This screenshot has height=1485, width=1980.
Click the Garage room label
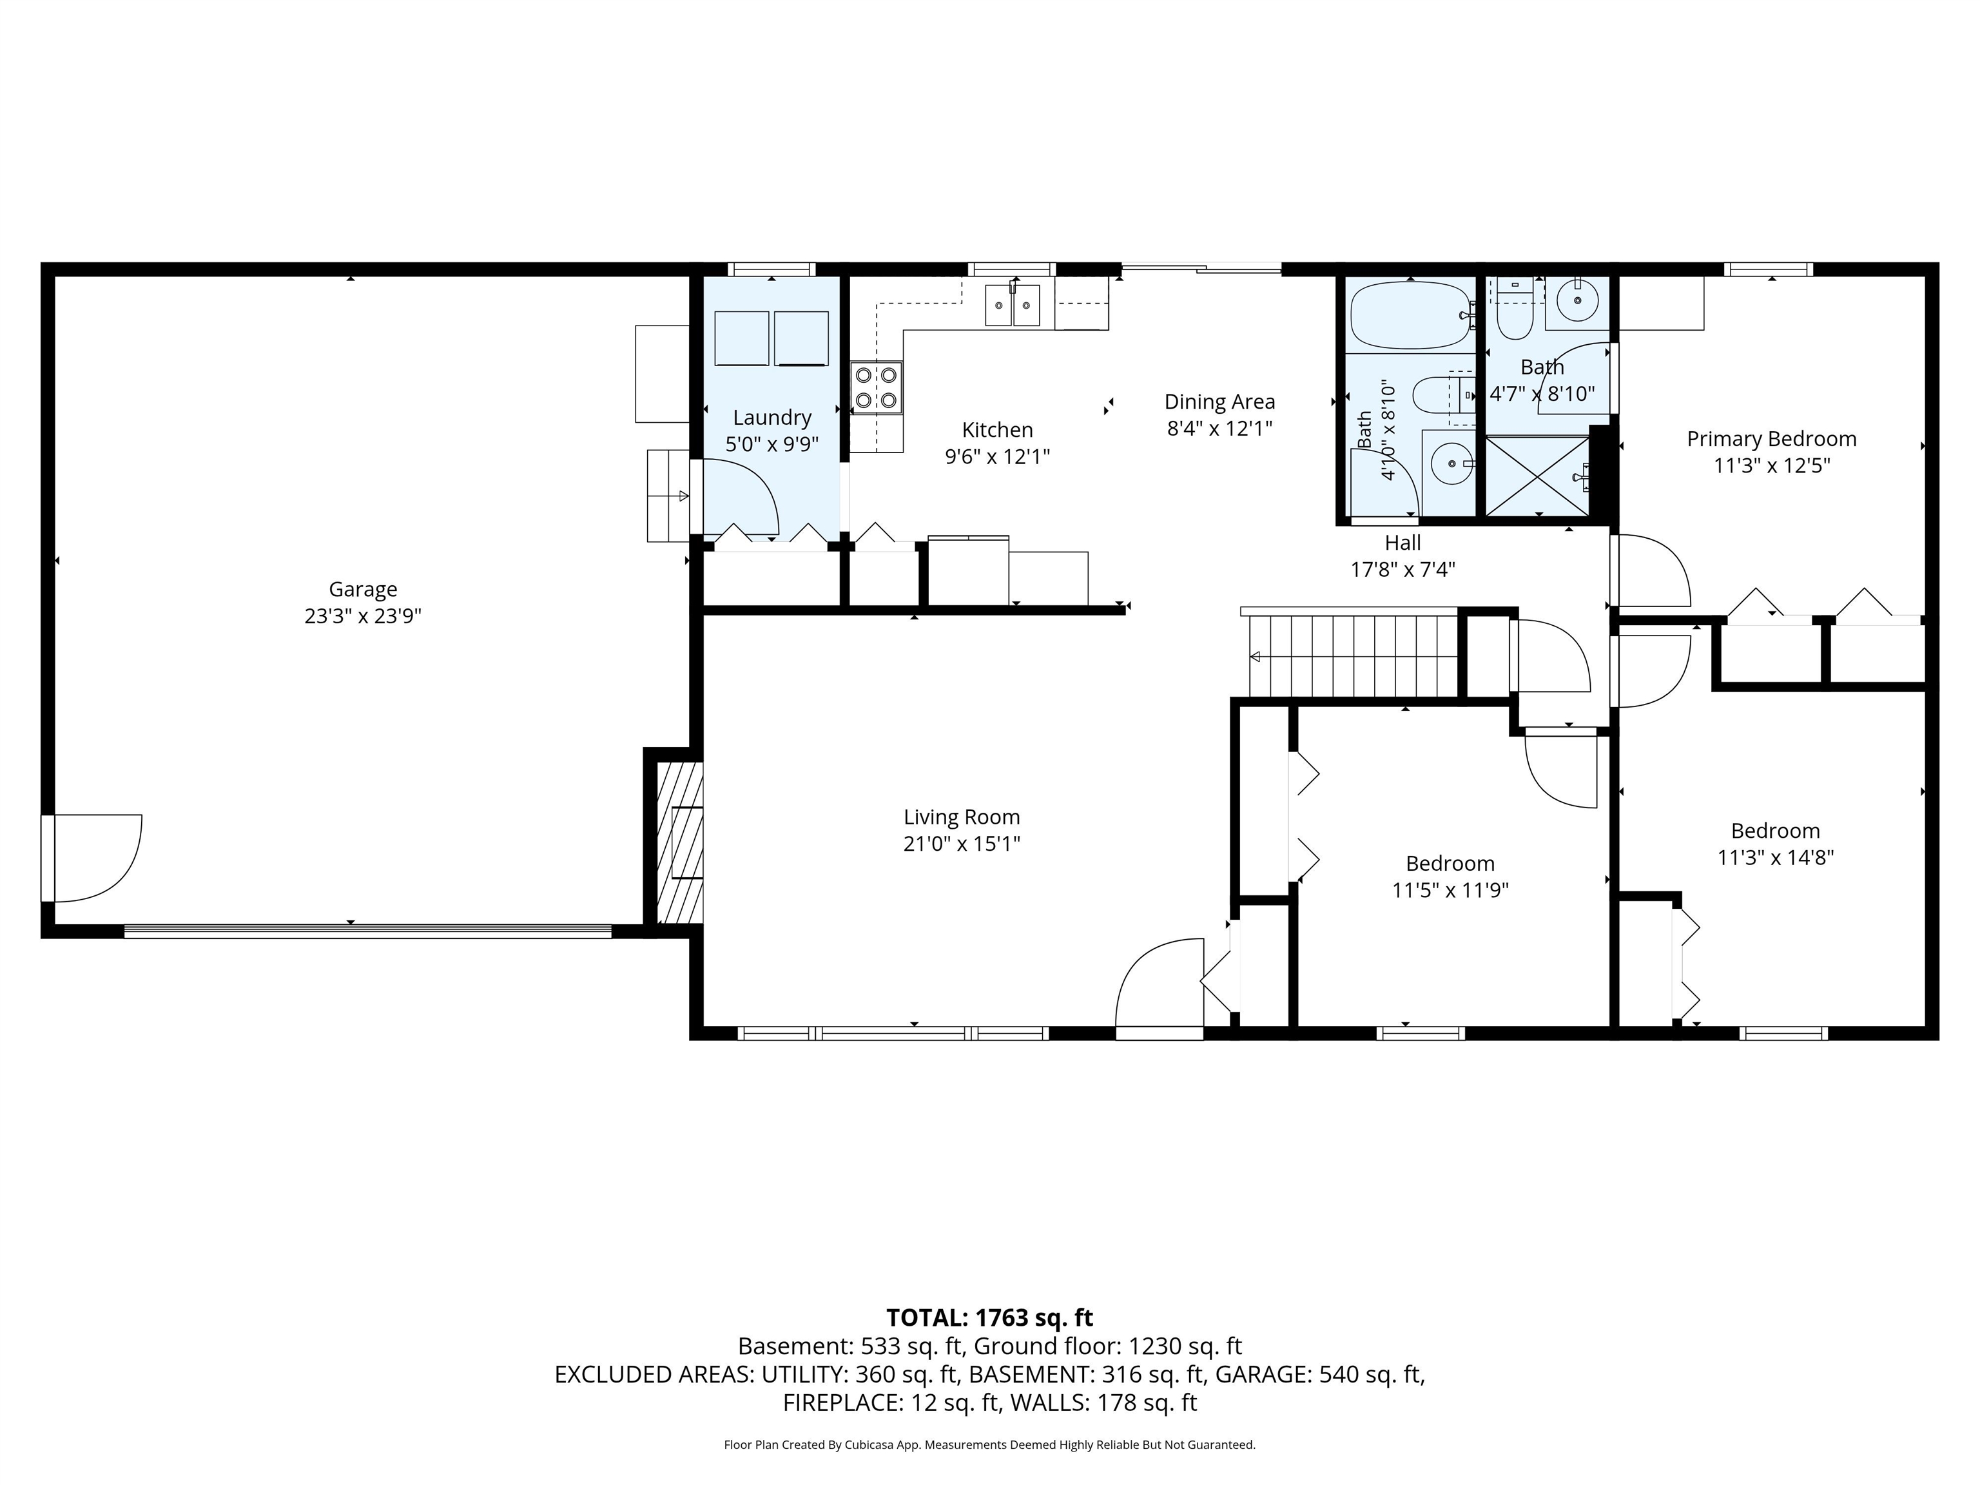click(362, 590)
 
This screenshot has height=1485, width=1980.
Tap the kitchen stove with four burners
click(877, 387)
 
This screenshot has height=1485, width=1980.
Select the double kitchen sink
click(1013, 306)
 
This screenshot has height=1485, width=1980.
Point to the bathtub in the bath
click(1411, 315)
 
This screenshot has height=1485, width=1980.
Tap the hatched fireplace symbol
click(679, 842)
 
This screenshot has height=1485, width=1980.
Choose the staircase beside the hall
click(1352, 656)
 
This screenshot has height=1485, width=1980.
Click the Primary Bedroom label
click(1771, 440)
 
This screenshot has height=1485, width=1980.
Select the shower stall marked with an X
click(1538, 475)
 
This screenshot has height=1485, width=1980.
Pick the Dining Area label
click(1219, 402)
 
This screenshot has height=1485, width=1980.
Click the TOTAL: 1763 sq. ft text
click(989, 1317)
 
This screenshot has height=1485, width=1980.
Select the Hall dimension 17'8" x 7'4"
click(1402, 569)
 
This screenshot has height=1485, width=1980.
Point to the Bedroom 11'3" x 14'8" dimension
click(1775, 857)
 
